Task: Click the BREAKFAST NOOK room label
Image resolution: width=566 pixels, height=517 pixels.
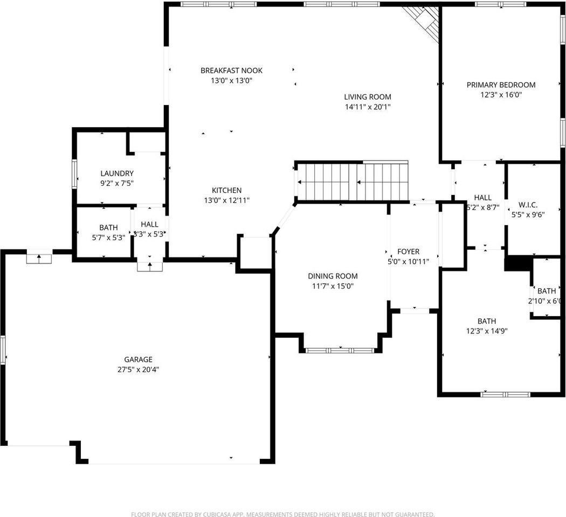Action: point(231,71)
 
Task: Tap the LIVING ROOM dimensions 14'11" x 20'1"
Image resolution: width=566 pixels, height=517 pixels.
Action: point(368,107)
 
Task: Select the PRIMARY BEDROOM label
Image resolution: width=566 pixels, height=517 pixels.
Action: point(501,85)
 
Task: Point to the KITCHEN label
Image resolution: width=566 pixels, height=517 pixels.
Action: point(226,191)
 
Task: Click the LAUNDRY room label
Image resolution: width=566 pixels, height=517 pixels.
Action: point(117,173)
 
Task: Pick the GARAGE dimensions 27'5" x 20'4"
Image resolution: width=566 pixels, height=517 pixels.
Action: point(138,369)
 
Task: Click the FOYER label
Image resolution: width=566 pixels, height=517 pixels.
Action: point(408,251)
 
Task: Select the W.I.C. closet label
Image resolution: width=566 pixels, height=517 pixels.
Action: point(527,205)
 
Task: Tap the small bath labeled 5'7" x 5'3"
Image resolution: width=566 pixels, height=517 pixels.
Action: point(108,228)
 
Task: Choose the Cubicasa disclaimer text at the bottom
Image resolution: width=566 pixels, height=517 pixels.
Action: point(282,514)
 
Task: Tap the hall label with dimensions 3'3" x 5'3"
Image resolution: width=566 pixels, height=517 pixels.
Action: point(149,225)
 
